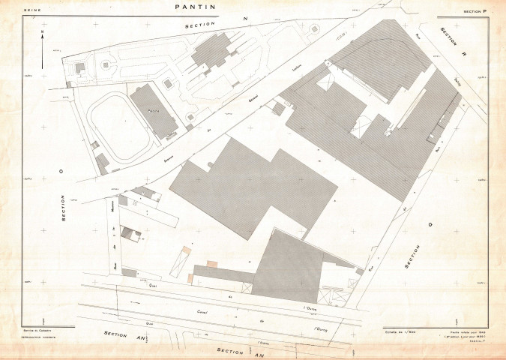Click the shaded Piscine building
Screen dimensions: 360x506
click(154, 110)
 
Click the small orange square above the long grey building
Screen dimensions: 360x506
click(212, 263)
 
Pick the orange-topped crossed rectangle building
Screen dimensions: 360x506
click(181, 260)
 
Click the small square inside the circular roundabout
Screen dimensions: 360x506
click(106, 65)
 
